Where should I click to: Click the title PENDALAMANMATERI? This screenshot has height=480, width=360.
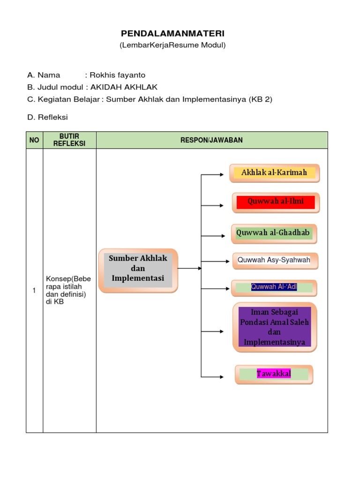pyautogui.click(x=172, y=33)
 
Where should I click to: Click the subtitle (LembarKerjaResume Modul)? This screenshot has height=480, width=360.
pyautogui.click(x=172, y=45)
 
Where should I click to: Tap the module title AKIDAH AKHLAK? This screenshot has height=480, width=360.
pyautogui.click(x=124, y=87)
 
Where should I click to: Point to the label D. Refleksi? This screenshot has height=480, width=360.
pyautogui.click(x=47, y=117)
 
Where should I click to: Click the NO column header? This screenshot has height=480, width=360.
pyautogui.click(x=34, y=140)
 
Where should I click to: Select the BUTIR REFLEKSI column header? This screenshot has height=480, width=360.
pyautogui.click(x=69, y=140)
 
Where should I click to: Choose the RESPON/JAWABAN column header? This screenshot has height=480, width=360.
pyautogui.click(x=211, y=140)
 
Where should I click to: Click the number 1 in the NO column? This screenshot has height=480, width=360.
pyautogui.click(x=34, y=291)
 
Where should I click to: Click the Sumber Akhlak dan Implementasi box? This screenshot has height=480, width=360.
pyautogui.click(x=138, y=270)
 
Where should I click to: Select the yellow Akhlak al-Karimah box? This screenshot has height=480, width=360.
pyautogui.click(x=274, y=173)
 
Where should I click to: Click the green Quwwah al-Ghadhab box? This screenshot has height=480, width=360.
pyautogui.click(x=274, y=233)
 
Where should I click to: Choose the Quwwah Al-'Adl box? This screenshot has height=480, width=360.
pyautogui.click(x=274, y=287)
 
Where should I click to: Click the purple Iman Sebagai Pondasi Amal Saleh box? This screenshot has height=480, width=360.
pyautogui.click(x=275, y=327)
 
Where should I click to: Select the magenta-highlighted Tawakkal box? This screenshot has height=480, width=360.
pyautogui.click(x=274, y=374)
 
